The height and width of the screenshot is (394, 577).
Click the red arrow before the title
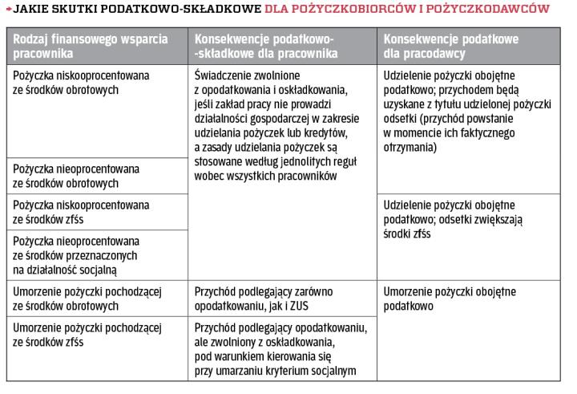(x=6, y=10)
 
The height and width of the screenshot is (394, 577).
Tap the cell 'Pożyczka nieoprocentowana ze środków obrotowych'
(x=66, y=176)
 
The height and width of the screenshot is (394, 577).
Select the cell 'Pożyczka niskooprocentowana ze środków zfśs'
(x=66, y=211)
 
